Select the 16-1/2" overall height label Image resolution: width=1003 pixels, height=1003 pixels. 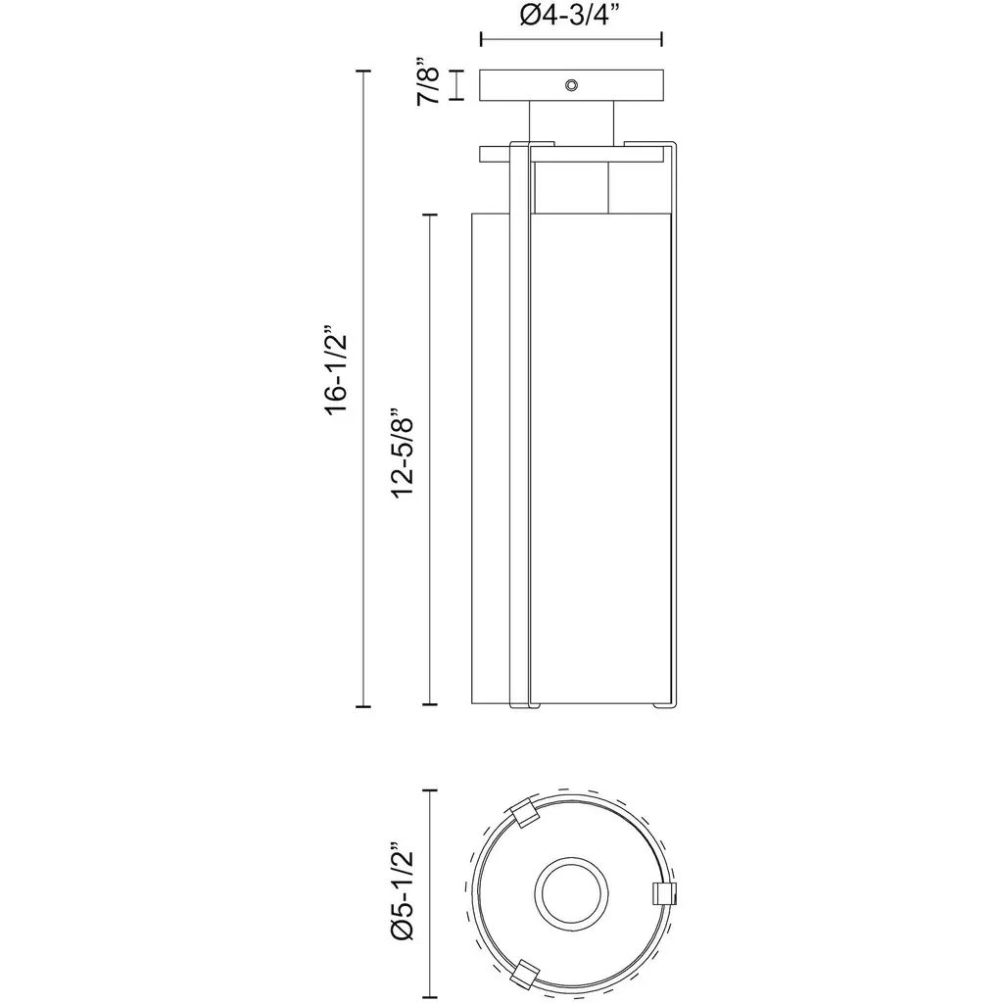click(336, 375)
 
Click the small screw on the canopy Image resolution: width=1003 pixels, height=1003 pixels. click(571, 84)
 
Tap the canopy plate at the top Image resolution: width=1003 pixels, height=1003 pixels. click(571, 85)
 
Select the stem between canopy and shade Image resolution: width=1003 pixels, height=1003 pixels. click(571, 122)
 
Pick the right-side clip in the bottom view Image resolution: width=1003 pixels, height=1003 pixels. click(664, 893)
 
